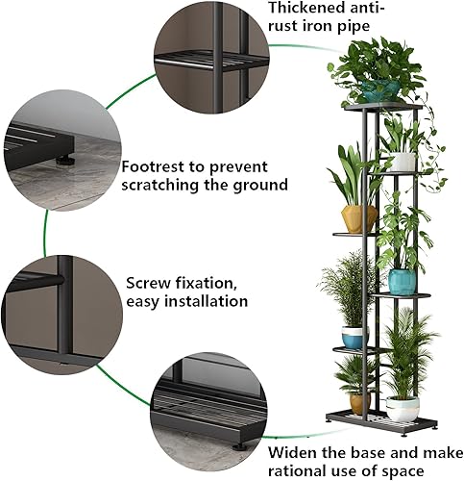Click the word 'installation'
pos(205,301)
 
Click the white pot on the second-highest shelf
pos(402,162)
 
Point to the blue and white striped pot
pos(354,337)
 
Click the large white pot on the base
pos(403,408)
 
